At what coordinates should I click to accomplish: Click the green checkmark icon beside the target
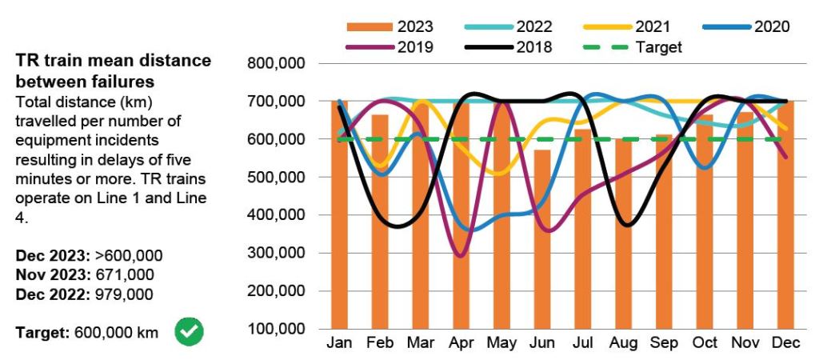point(189,331)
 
